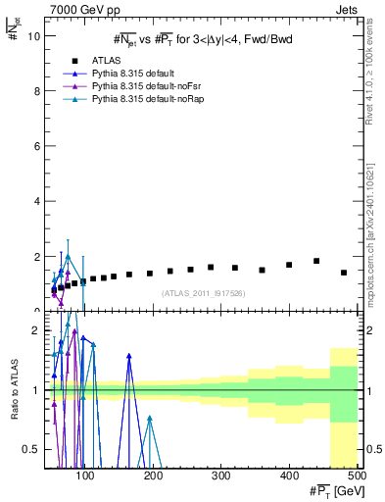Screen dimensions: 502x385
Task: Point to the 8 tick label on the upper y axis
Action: [x=36, y=91]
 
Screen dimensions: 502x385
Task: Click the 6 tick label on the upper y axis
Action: [x=36, y=146]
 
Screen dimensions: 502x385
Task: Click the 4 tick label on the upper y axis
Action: [x=36, y=201]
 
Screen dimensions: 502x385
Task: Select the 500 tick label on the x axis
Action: [x=358, y=477]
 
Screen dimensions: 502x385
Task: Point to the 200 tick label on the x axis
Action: [x=153, y=477]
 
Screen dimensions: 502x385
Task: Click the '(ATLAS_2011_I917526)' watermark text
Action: [x=202, y=292]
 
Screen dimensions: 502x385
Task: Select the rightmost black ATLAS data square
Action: [x=344, y=273]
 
